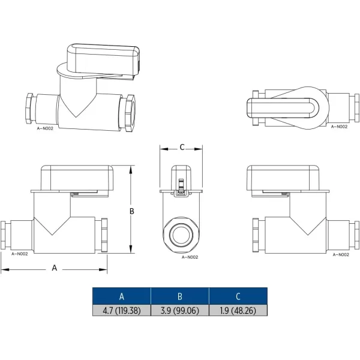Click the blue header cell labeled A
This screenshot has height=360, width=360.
click(122, 296)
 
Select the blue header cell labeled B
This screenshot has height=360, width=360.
click(180, 296)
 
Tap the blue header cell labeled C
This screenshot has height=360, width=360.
click(238, 296)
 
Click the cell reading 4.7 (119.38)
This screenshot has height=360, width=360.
click(122, 311)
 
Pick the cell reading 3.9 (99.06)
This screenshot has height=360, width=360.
click(180, 311)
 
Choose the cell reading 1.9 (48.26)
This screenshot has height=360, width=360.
click(238, 311)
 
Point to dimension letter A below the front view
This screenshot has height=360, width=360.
click(55, 268)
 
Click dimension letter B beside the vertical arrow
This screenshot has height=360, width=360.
click(132, 211)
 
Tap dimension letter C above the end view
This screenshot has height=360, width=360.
click(182, 147)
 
